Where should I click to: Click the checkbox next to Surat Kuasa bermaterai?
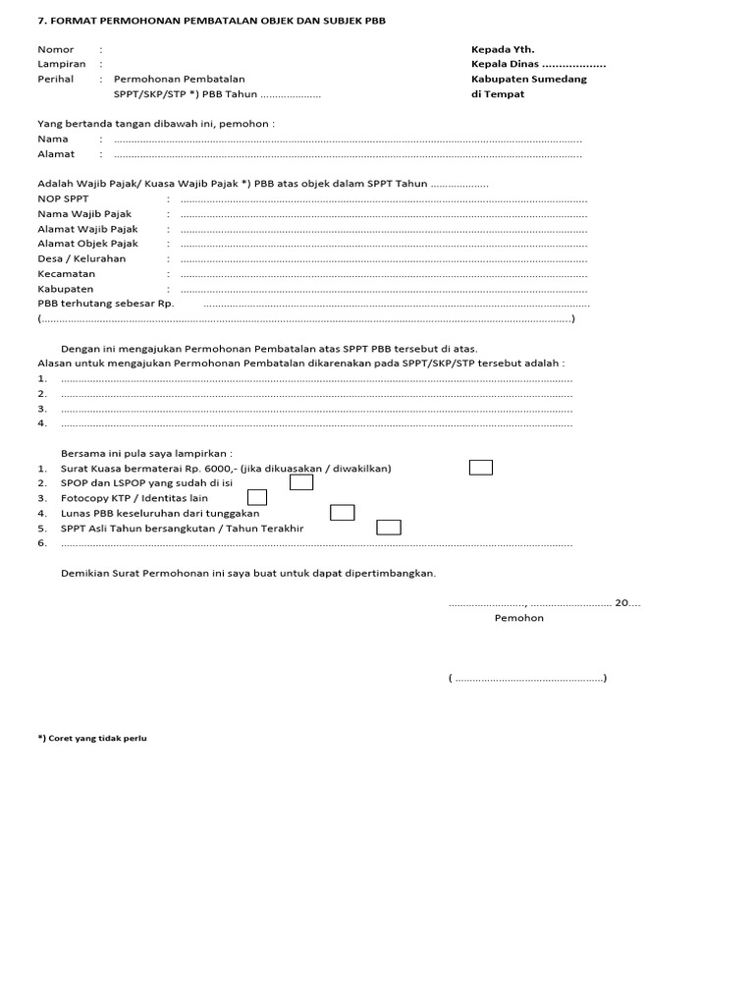pyautogui.click(x=480, y=468)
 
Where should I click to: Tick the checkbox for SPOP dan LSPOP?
pyautogui.click(x=301, y=482)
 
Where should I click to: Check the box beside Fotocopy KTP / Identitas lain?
pyautogui.click(x=256, y=497)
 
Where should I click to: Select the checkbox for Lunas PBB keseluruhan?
pyautogui.click(x=342, y=512)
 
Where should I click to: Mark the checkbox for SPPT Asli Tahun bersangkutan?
pyautogui.click(x=389, y=528)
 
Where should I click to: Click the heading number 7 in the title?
pyautogui.click(x=40, y=20)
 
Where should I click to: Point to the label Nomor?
pyautogui.click(x=55, y=49)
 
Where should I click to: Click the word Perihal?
pyautogui.click(x=56, y=79)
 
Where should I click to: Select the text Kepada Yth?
pyautogui.click(x=503, y=49)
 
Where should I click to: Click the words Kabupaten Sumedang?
pyautogui.click(x=528, y=79)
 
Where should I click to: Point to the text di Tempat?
pyautogui.click(x=498, y=94)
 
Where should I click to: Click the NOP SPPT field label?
pyautogui.click(x=63, y=198)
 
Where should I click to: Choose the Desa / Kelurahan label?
pyautogui.click(x=81, y=258)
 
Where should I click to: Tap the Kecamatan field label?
pyautogui.click(x=67, y=274)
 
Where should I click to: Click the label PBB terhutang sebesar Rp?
pyautogui.click(x=105, y=304)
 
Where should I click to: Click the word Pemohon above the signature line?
pyautogui.click(x=518, y=618)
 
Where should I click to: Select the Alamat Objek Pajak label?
pyautogui.click(x=87, y=244)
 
